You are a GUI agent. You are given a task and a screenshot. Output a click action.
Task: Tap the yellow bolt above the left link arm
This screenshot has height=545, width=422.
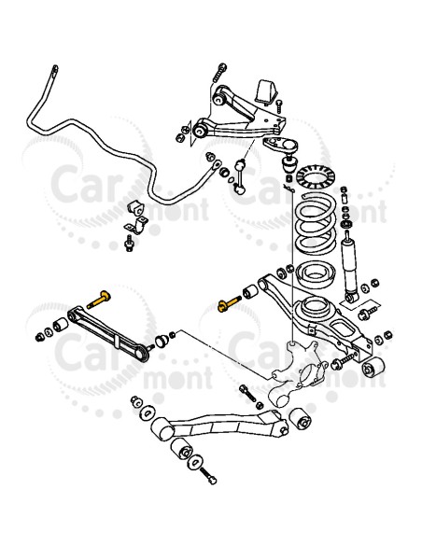click(x=99, y=300)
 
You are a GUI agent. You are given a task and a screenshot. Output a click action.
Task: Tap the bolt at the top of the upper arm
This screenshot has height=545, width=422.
click(x=221, y=70)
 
